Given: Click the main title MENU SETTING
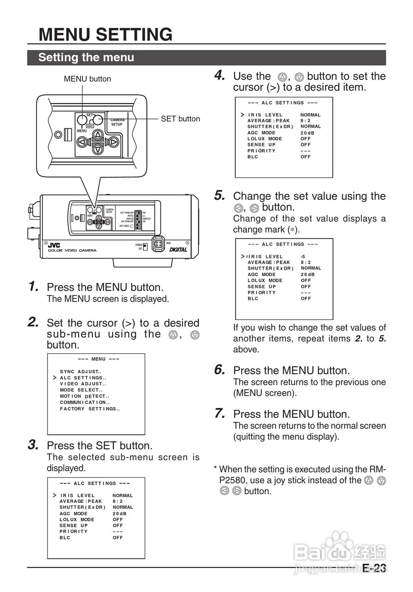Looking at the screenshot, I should (105, 35).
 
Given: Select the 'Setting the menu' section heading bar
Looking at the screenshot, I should (86, 57).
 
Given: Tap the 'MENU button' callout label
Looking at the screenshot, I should (87, 79).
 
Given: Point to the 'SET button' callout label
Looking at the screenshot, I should (180, 119).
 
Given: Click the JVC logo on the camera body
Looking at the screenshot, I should (55, 245).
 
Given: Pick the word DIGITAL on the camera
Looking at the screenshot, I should (178, 249).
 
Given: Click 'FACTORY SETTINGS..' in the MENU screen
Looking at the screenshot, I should (90, 408).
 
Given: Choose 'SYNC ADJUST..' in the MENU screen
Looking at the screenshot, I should (80, 371).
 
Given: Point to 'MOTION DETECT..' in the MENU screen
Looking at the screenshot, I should (84, 396).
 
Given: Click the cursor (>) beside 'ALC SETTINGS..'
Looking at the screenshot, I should (55, 378).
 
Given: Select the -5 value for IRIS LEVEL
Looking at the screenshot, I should (303, 256).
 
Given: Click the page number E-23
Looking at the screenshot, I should (374, 568).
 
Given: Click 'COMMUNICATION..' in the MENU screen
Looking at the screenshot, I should (85, 402).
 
